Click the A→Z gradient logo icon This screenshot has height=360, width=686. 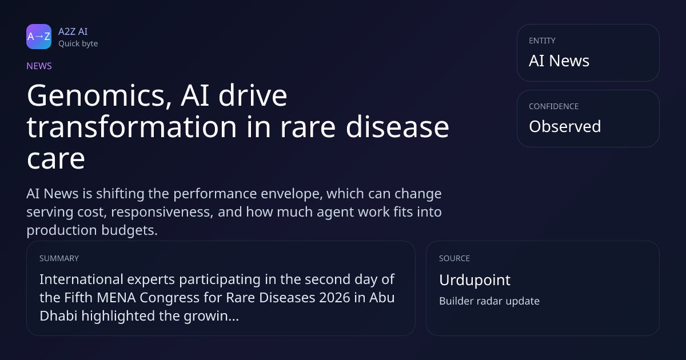[x=39, y=37]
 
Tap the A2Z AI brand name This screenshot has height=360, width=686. [x=73, y=31]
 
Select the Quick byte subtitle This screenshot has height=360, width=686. [x=78, y=44]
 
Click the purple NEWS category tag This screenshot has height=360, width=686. [x=39, y=66]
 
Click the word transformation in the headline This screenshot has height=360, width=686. [x=131, y=127]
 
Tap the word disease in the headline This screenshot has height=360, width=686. [x=397, y=127]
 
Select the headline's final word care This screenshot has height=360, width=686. [x=56, y=159]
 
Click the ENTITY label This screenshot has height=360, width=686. [x=542, y=41]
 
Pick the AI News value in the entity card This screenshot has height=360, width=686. [x=559, y=61]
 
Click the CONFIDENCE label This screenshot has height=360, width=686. [x=554, y=106]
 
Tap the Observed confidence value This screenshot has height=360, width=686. [x=565, y=126]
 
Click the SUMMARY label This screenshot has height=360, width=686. [x=59, y=258]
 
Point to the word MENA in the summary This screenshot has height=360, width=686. [x=116, y=298]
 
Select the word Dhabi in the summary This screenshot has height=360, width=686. [x=58, y=316]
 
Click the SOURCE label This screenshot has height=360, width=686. [x=454, y=258]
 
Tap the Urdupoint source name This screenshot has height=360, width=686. [x=474, y=280]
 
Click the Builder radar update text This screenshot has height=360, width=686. [x=489, y=301]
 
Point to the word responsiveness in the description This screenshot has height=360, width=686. [x=162, y=212]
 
